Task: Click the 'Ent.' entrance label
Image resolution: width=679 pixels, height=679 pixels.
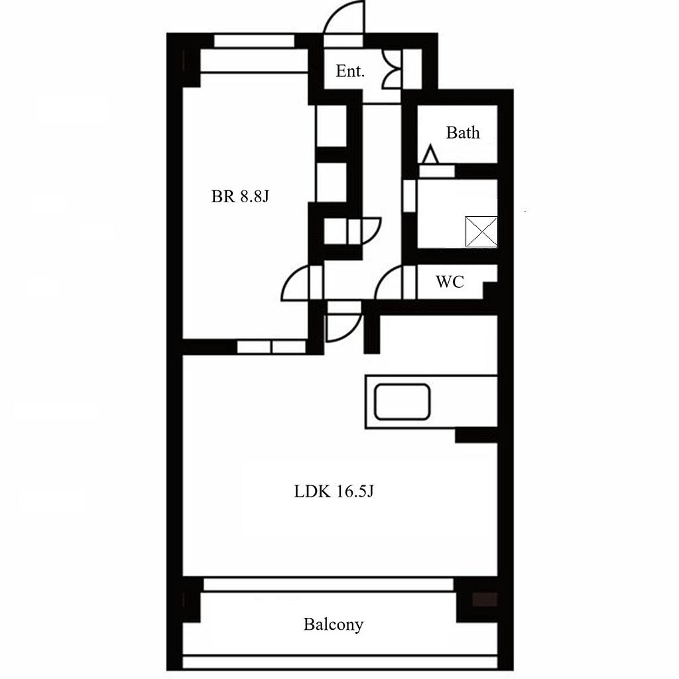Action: coord(350,71)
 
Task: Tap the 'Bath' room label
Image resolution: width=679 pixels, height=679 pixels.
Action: coord(463,133)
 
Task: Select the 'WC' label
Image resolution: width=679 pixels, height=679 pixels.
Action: coord(450,282)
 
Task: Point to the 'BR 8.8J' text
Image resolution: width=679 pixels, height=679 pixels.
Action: coord(240,196)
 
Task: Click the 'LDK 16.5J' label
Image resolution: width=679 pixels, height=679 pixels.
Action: coord(334,491)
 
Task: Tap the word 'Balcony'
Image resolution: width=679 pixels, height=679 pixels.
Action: coord(333,625)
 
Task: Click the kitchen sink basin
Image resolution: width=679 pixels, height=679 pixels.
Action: coord(402,402)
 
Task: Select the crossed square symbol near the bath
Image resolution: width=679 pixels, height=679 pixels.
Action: coord(481,231)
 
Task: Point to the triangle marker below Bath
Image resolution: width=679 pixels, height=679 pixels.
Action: coord(430,154)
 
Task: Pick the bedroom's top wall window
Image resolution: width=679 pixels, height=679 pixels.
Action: coord(254,41)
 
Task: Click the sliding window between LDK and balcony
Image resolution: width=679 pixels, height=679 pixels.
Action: coord(328,584)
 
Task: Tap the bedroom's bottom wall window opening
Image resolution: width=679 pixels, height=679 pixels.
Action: coord(271,347)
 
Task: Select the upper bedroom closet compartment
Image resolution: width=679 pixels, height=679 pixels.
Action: coord(332,126)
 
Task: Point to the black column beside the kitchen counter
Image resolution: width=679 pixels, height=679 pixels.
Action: coord(476,436)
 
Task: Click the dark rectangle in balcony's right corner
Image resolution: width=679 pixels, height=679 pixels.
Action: coord(485,599)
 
